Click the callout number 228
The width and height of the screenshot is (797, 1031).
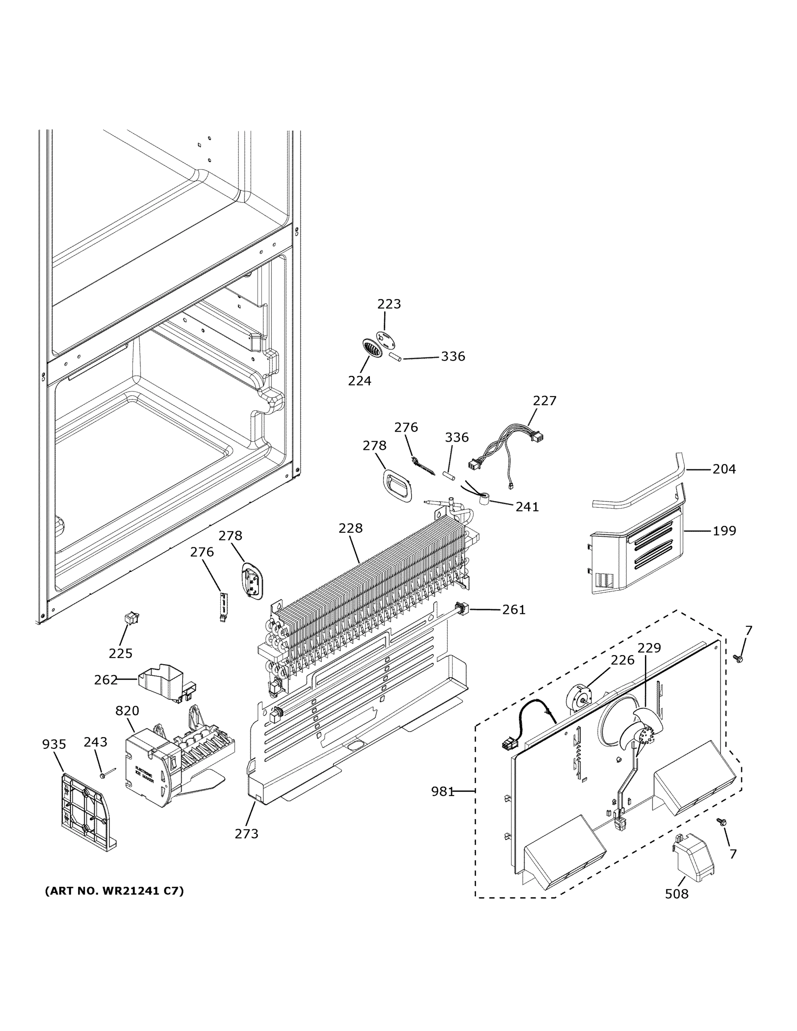[x=350, y=528]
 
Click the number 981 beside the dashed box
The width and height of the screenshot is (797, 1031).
[x=443, y=791]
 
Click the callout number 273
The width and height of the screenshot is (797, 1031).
[x=247, y=834]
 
